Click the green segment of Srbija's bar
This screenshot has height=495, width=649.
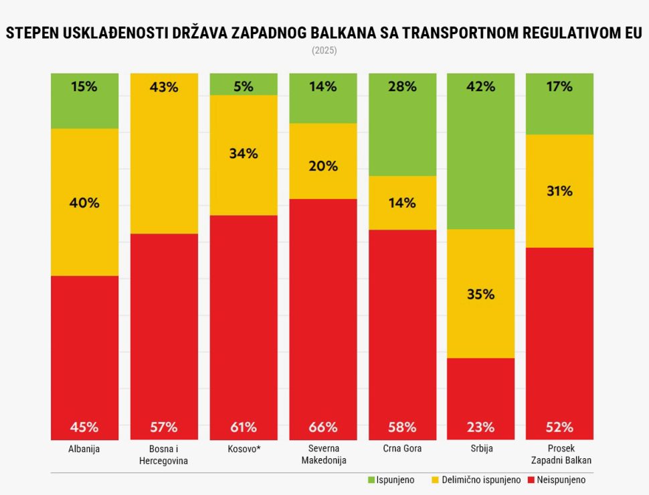481,151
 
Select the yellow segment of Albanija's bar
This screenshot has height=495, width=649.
85,202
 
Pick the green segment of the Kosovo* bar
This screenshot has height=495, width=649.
244,84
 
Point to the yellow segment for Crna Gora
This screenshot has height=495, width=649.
402,202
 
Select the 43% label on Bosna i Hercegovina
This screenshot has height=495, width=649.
164,87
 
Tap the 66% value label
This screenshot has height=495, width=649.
323,427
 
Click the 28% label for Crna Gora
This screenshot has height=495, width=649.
402,86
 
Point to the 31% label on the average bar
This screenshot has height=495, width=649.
559,191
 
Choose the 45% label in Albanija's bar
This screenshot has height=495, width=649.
85,427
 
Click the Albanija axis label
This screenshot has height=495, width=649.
84,449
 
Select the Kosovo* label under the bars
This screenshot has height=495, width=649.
243,449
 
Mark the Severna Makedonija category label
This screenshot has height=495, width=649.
322,454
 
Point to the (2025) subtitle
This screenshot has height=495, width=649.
324,51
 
